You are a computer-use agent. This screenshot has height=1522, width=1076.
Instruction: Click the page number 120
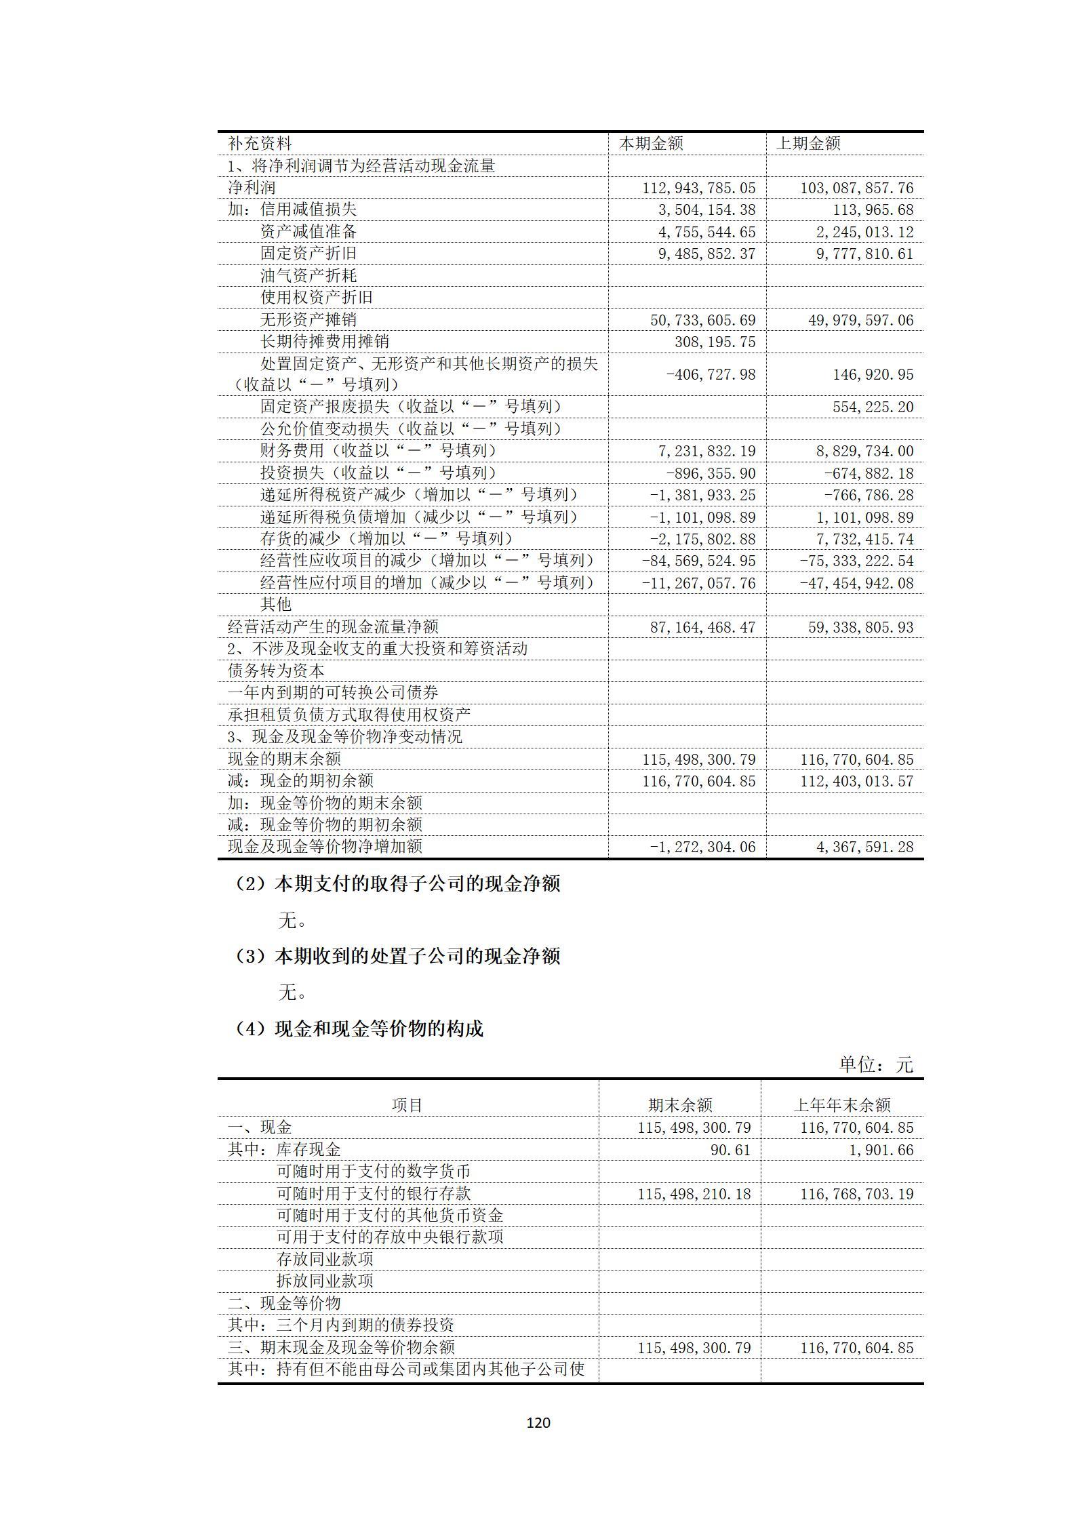[x=538, y=1422]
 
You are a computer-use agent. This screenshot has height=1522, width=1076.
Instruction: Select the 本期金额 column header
[x=651, y=144]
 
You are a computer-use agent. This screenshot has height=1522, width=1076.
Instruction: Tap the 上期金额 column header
[x=808, y=144]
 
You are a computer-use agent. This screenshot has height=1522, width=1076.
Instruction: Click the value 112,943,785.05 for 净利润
[x=698, y=188]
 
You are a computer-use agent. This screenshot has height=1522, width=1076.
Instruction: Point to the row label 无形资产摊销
[x=308, y=319]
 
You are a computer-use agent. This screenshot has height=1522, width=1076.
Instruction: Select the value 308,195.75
[x=715, y=342]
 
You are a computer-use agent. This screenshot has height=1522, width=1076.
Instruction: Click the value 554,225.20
[x=873, y=407]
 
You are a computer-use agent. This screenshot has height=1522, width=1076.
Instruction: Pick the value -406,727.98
[x=711, y=374]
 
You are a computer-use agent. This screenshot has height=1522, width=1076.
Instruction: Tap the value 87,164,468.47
[x=702, y=627]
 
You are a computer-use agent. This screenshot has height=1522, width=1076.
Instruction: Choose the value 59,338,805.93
[x=860, y=627]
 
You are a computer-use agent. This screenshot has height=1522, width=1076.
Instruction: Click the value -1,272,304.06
[x=702, y=847]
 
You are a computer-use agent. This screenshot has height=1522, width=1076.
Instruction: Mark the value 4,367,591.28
[x=864, y=847]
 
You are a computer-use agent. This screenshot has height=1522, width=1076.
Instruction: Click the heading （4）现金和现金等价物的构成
[x=359, y=1029]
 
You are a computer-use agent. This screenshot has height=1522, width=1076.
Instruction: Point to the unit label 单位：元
[x=876, y=1065]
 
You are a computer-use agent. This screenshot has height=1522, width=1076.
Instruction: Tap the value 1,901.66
[x=881, y=1150]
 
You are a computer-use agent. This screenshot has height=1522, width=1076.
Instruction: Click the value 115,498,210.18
[x=694, y=1194]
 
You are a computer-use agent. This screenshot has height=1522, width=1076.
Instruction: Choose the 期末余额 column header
[x=680, y=1106]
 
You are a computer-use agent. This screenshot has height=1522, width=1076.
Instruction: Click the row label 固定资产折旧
[x=308, y=254]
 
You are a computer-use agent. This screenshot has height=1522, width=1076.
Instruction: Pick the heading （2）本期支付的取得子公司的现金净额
[x=397, y=884]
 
